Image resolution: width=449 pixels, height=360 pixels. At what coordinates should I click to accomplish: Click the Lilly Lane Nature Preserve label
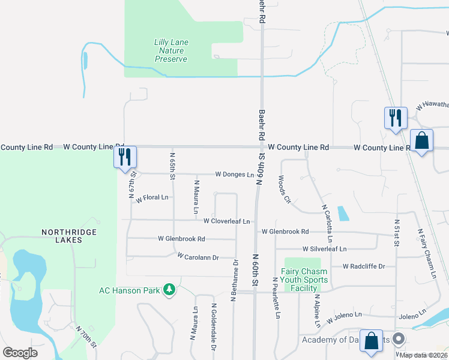(171, 50)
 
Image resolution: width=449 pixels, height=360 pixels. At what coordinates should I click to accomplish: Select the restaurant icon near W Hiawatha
(396, 117)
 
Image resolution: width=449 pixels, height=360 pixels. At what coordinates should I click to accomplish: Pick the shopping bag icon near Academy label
(372, 340)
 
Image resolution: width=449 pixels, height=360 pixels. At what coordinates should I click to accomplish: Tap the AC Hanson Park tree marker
(170, 291)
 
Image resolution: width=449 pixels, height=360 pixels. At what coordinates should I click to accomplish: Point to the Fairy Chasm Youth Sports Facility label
(305, 280)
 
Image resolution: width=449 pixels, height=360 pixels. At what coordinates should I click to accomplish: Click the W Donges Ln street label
(234, 175)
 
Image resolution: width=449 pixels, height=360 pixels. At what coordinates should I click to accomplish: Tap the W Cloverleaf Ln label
(226, 221)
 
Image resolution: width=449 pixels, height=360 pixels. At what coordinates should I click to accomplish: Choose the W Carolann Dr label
(199, 256)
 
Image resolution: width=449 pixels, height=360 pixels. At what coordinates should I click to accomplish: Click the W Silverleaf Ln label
(325, 248)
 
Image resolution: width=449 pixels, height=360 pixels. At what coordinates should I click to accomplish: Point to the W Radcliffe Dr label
(363, 266)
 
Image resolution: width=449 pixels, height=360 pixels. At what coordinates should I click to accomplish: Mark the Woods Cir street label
(284, 189)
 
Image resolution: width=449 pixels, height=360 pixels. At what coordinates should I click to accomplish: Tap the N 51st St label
(397, 232)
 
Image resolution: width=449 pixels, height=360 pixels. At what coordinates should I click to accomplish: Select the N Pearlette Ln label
(276, 297)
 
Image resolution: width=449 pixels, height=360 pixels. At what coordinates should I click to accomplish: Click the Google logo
(20, 353)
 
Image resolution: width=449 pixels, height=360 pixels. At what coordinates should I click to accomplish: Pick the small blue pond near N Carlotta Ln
(342, 214)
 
